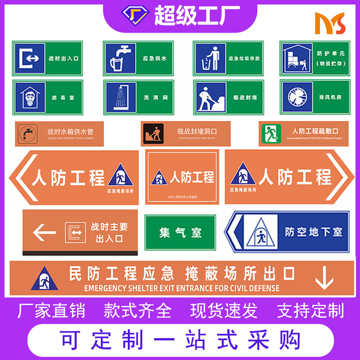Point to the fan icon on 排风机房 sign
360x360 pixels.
pos(296,97)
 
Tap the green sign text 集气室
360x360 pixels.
pos(180,233)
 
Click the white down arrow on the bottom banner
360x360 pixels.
pos(324,278)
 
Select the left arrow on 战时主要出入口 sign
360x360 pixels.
pos(44,233)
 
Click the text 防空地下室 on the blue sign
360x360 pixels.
pos(314,232)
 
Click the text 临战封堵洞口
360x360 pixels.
pos(197,131)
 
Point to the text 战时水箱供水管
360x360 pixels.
pos(71,132)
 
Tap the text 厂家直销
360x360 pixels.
pos(51,311)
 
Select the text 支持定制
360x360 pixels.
pos(310,311)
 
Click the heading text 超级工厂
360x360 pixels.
pos(197,16)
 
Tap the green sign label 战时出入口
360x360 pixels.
pos(63,58)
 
